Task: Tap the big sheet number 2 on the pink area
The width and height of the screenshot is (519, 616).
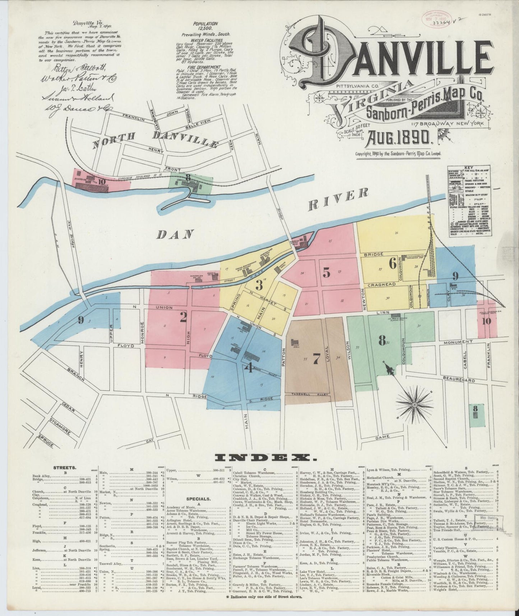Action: pos(184,317)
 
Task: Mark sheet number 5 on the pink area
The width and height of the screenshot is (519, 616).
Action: pos(326,273)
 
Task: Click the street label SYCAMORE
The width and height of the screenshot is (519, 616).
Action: pos(60,427)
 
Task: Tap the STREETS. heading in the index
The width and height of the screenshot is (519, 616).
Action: pos(64,468)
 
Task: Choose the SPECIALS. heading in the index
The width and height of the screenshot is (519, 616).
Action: pos(198,499)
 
